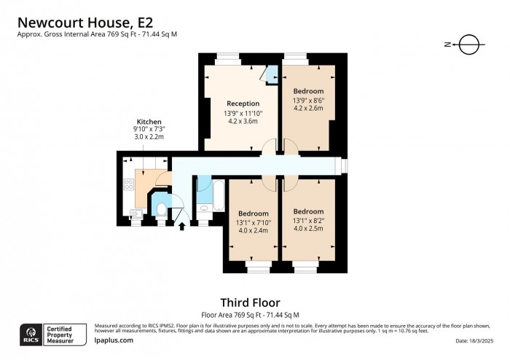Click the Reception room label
[243, 103]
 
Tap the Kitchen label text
[149, 121]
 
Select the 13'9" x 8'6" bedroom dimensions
[308, 101]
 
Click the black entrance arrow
[182, 227]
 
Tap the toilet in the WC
[162, 210]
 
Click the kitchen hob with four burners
[129, 185]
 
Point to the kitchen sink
[135, 213]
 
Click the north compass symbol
[468, 44]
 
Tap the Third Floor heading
[250, 302]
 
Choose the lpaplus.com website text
[114, 340]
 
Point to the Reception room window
[227, 55]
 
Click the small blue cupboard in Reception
[271, 74]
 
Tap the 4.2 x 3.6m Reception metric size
[243, 122]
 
